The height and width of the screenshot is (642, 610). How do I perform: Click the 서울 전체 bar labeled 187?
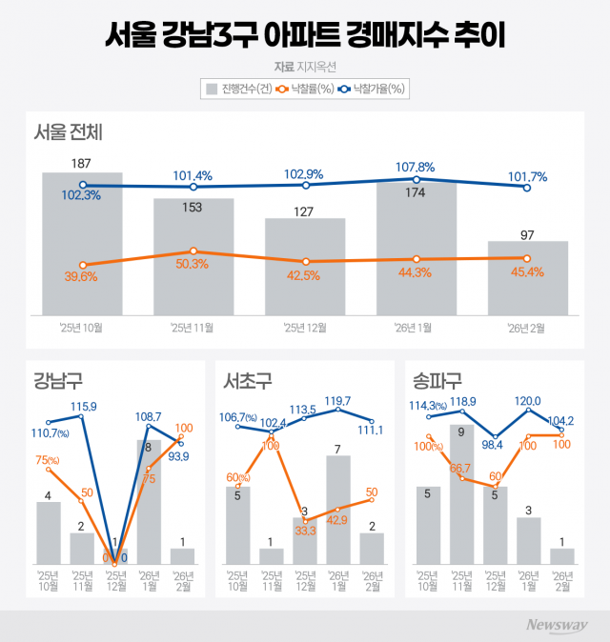pos(82,243)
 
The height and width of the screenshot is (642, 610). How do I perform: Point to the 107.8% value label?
pos(415,168)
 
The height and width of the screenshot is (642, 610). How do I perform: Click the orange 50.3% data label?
pos(193,264)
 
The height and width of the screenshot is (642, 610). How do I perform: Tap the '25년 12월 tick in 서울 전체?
pos(305,329)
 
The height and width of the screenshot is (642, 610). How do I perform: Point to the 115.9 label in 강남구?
pos(83,407)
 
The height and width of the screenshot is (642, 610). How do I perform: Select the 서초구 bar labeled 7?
pos(338,510)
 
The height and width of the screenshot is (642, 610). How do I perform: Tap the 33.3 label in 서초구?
pos(304,532)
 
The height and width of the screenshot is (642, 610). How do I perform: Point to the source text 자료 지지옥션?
pos(305,67)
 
